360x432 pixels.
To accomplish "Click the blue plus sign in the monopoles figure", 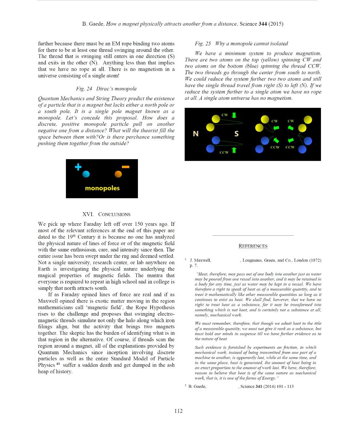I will click(x=78, y=167).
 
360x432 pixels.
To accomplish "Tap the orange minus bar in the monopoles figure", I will click(x=125, y=167).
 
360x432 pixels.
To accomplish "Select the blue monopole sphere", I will click(x=86, y=174).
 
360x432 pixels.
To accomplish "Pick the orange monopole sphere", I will click(x=118, y=174).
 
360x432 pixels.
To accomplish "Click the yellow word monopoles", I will click(x=102, y=188).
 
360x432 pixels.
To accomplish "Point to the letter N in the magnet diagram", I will click(x=196, y=134).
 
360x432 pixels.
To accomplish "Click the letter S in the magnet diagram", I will click(x=236, y=134).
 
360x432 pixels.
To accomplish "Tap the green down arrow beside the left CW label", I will click(x=234, y=115).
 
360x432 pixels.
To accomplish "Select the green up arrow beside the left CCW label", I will click(x=234, y=150).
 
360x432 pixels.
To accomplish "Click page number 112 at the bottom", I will click(x=179, y=411).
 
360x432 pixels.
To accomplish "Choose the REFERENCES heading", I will click(x=253, y=246).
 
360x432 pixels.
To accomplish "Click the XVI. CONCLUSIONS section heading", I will click(x=106, y=214).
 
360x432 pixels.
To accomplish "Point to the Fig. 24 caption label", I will click(x=84, y=89).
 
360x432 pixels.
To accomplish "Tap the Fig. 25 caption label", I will click(x=203, y=44).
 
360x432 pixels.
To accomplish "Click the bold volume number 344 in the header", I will click(x=263, y=24).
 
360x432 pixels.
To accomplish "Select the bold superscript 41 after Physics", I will click(x=58, y=364).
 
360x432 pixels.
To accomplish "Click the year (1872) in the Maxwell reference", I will click(x=315, y=260).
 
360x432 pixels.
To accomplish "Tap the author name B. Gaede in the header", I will click(x=93, y=24).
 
